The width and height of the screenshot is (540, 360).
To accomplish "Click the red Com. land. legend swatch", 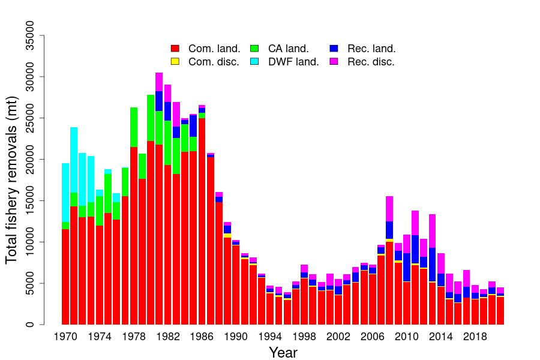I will [175, 49].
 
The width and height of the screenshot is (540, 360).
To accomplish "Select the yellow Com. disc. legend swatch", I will [175, 61].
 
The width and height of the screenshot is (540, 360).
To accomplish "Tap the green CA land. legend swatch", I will [254, 49].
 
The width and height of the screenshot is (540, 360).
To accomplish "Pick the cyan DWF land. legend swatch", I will [254, 61].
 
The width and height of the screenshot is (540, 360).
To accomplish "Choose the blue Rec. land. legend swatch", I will [334, 49].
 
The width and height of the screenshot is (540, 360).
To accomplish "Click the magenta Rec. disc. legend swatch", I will [334, 61].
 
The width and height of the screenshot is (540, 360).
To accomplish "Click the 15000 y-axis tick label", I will [34, 200].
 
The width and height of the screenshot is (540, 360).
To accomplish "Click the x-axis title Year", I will [283, 352].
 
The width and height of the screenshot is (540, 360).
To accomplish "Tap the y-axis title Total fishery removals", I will [12, 180].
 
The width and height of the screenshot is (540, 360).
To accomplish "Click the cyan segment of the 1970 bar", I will [65, 192].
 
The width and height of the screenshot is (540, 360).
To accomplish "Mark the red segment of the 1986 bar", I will [202, 222].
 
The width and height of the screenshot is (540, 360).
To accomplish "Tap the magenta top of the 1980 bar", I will [159, 82].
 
